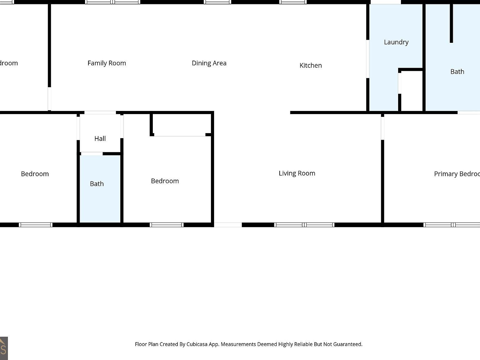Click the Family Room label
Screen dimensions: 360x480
[107, 63]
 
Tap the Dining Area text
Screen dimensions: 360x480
[209, 63]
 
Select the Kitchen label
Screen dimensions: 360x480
[310, 65]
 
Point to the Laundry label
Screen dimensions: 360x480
[396, 42]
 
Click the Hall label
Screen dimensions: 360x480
[100, 138]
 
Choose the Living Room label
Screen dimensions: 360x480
[297, 173]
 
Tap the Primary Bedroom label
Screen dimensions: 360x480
[457, 174]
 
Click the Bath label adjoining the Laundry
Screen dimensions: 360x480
[457, 72]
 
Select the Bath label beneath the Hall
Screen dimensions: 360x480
[97, 184]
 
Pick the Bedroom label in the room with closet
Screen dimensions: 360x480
[165, 181]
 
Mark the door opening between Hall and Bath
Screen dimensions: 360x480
[92, 154]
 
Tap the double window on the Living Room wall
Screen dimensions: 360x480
[304, 225]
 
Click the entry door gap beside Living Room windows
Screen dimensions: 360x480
[228, 225]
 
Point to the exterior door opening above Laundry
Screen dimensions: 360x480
[385, 2]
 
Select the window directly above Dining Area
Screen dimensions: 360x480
[217, 2]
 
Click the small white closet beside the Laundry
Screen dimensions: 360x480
[412, 91]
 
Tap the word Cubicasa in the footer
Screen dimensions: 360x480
[197, 344]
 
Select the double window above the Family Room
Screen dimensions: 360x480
[112, 2]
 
